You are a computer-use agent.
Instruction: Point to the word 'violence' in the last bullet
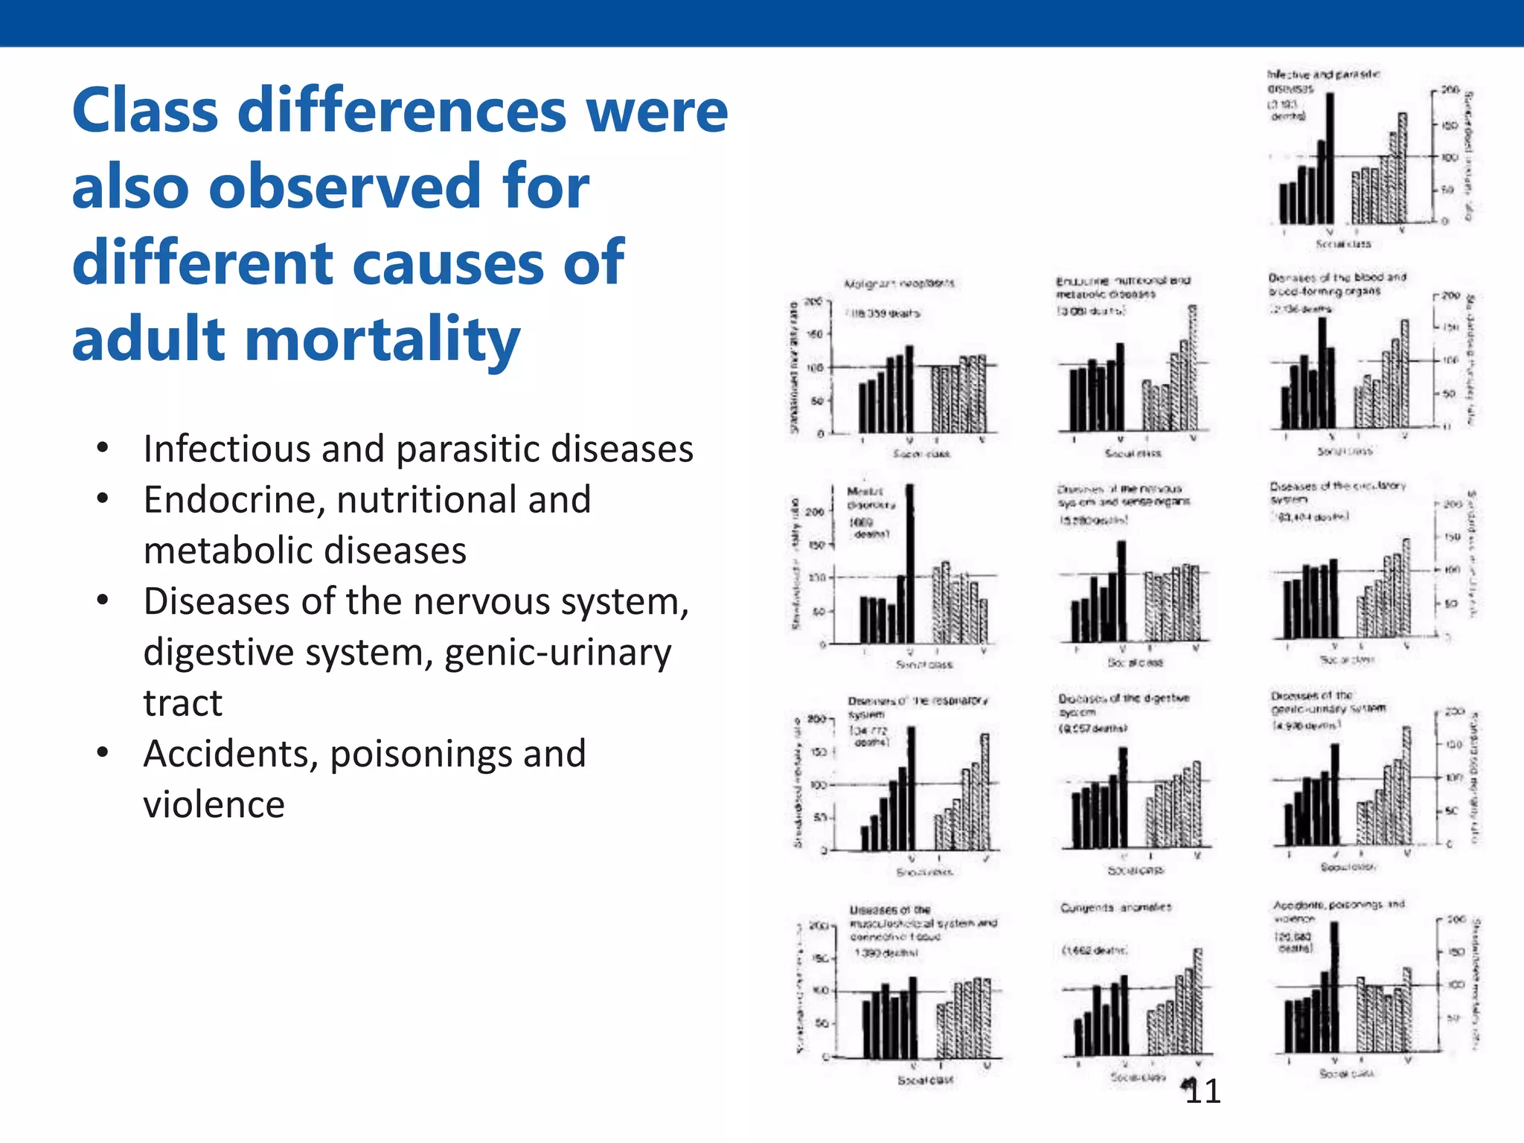(x=214, y=804)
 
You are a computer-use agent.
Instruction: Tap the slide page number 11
(x=1203, y=1092)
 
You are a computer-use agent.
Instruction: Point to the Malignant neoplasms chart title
(x=899, y=284)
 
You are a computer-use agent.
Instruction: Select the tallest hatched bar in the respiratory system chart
(x=984, y=792)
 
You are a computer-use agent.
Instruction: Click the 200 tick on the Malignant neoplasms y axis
(x=815, y=301)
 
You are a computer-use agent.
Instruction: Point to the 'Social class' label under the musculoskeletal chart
(x=925, y=1080)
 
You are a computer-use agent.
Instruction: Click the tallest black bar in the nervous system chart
(x=1121, y=591)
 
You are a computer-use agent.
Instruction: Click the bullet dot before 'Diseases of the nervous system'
(x=103, y=599)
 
